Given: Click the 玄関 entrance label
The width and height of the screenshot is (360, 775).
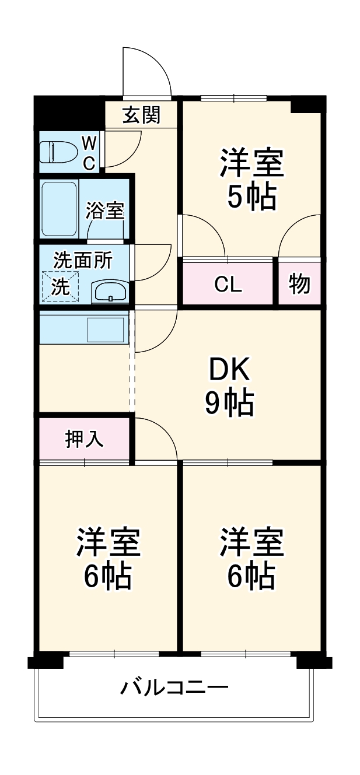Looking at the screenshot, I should (141, 115).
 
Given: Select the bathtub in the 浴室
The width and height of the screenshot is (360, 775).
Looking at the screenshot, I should (59, 209).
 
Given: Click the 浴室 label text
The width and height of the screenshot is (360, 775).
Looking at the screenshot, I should (105, 211).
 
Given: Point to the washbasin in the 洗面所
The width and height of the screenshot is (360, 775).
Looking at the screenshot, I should (110, 290).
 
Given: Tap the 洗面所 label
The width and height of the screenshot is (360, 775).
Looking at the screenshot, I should (83, 260).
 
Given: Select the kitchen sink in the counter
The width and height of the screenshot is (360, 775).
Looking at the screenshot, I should (106, 329).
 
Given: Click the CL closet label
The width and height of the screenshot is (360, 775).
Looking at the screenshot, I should (228, 285).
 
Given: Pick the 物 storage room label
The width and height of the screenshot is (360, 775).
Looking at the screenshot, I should (299, 285).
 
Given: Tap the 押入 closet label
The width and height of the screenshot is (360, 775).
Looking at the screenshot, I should (84, 439).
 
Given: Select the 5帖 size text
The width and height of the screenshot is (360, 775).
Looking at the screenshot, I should (251, 198).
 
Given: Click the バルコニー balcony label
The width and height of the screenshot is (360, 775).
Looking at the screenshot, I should (174, 688).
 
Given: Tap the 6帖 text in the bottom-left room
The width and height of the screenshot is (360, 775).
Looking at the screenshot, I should (108, 576).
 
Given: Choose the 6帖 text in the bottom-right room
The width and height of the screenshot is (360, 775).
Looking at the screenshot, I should (251, 576).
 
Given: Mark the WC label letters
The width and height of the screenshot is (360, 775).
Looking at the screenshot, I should (89, 153).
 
